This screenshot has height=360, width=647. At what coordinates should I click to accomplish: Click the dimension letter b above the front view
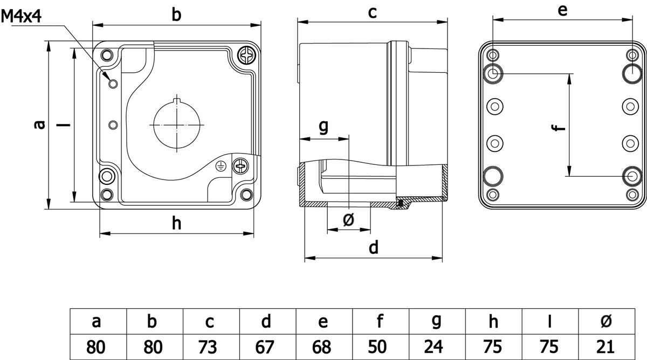pyautogui.click(x=176, y=15)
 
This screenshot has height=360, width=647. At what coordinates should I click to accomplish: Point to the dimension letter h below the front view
pyautogui.click(x=176, y=223)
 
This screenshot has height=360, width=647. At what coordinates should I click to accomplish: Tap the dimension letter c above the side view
pyautogui.click(x=373, y=13)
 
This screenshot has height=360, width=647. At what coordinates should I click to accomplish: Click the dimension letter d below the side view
pyautogui.click(x=373, y=247)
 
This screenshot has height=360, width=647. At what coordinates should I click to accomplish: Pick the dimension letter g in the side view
pyautogui.click(x=323, y=126)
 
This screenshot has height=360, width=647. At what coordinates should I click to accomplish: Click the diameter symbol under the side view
pyautogui.click(x=348, y=219)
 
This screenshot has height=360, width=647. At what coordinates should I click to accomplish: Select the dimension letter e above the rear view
pyautogui.click(x=562, y=11)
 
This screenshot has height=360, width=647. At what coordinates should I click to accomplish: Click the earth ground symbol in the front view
pyautogui.click(x=220, y=166)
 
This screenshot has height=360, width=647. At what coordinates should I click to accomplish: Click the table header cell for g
pyautogui.click(x=436, y=322)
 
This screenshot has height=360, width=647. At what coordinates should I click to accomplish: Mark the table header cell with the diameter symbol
pyautogui.click(x=605, y=322)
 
